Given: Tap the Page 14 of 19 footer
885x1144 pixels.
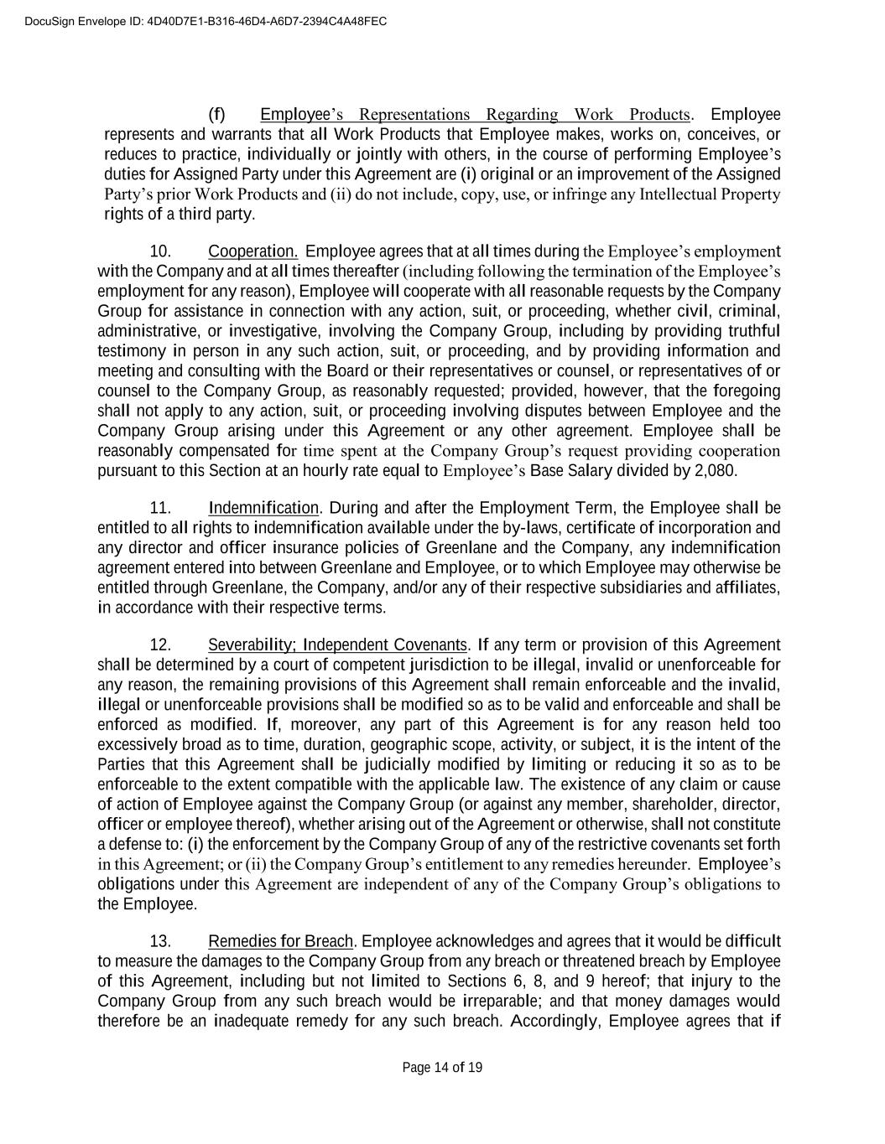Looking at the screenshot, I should pos(442,1067).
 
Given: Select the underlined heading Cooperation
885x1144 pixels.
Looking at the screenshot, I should pos(253,251).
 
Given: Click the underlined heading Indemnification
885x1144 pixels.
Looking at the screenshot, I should pos(263,508).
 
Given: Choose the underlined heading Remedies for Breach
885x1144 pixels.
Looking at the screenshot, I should pos(281,941).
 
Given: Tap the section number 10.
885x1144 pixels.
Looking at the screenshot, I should pos(160,251).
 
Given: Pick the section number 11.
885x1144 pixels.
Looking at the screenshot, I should pos(160,508).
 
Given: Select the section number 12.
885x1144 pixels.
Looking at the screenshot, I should pos(160,644).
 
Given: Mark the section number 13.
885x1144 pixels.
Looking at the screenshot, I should pos(160,941).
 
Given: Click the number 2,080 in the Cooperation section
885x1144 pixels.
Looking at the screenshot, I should pos(716,470).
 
